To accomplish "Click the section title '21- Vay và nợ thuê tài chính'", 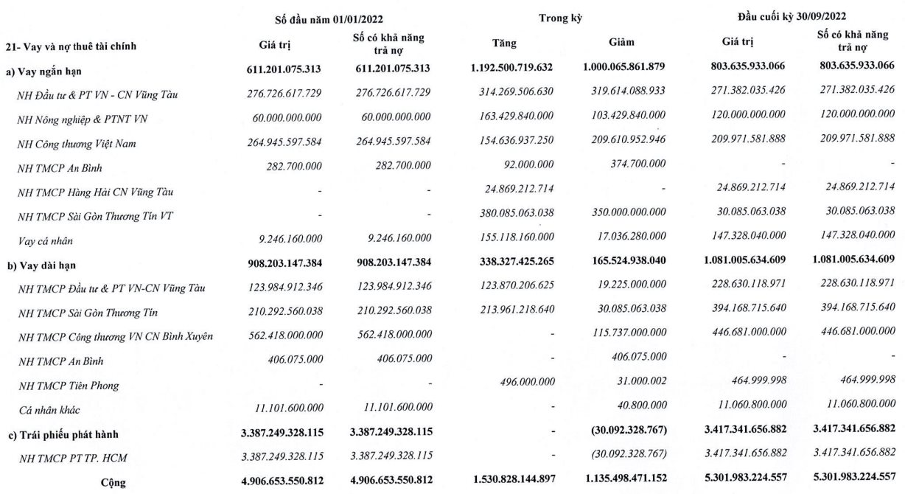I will click(71, 46).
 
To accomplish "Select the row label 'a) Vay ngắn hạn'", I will click(43, 70).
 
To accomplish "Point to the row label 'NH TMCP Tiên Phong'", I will click(69, 385).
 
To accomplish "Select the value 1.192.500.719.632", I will click(511, 67).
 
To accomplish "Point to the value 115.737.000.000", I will click(623, 336).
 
